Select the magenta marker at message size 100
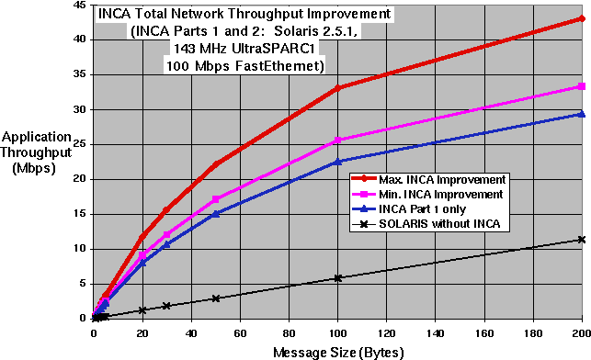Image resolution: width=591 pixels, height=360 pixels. pyautogui.click(x=338, y=140)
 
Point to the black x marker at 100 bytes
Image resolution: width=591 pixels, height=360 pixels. pyautogui.click(x=338, y=277)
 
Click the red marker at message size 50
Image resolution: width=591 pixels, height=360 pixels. pyautogui.click(x=216, y=164)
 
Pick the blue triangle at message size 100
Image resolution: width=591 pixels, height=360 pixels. pyautogui.click(x=338, y=161)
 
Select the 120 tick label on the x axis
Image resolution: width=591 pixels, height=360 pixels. pyautogui.click(x=386, y=333)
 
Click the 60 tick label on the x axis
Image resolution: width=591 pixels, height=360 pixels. pyautogui.click(x=240, y=333)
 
